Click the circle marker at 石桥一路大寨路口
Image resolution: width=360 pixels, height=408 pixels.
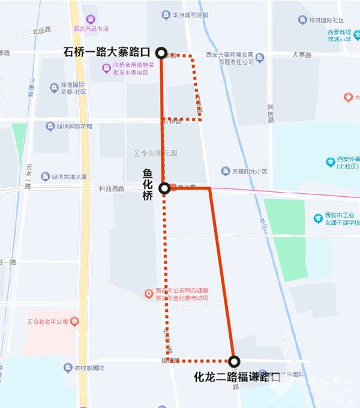[161, 53]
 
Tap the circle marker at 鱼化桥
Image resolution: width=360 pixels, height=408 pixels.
[164, 189]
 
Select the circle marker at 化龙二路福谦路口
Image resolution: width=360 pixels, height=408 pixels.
[234, 361]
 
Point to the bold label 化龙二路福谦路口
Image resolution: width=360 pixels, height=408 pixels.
[238, 377]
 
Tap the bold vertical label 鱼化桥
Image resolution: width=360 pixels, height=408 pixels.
[148, 185]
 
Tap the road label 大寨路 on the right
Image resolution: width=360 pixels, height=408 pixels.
[302, 55]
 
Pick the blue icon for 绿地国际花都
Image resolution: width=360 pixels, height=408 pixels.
[50, 126]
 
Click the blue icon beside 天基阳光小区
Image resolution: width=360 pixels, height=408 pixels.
[226, 171]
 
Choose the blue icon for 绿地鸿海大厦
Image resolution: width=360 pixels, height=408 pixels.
[46, 176]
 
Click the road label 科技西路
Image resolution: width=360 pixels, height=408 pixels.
[112, 189]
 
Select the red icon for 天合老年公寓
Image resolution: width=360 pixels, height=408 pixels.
[74, 321]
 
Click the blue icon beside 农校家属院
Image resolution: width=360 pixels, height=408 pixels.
[68, 367]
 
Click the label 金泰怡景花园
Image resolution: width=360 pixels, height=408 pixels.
[155, 153]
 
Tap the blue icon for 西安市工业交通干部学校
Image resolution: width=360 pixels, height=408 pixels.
[319, 218]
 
